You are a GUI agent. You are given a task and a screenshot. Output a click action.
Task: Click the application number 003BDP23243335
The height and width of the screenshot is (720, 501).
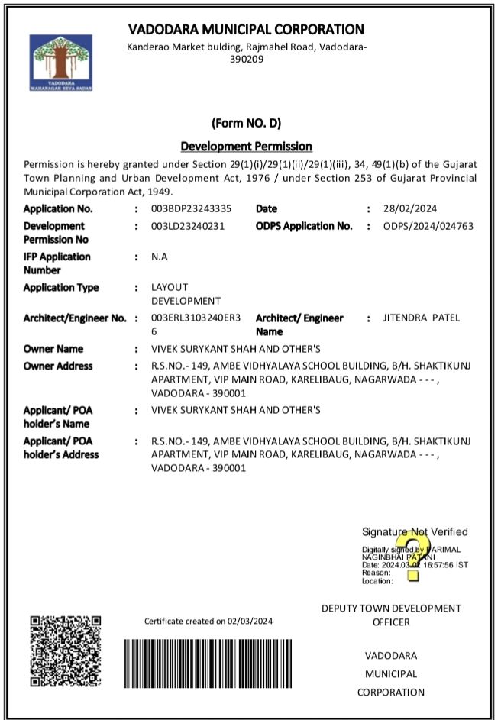(191, 208)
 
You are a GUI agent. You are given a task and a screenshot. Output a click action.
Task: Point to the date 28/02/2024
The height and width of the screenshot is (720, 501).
(409, 208)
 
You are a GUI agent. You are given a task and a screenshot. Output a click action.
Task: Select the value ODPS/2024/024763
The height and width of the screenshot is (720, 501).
(428, 226)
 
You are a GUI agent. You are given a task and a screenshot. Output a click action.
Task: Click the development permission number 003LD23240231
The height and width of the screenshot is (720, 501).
(188, 226)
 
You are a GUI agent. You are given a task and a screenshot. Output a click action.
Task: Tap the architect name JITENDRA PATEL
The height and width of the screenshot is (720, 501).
(422, 318)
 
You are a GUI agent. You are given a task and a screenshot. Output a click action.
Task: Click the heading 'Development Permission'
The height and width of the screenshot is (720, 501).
(246, 146)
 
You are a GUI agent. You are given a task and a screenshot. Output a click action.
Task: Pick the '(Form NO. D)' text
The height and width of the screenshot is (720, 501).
(246, 123)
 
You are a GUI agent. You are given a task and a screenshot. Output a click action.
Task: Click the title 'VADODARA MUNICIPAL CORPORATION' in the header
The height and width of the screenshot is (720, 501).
(246, 30)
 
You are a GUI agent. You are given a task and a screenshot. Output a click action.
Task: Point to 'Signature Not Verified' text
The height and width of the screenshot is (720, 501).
(415, 532)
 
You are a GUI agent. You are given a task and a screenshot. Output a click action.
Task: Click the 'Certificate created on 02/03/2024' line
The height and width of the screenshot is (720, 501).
(208, 622)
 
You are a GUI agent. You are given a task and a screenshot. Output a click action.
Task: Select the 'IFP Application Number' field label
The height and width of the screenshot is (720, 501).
(57, 263)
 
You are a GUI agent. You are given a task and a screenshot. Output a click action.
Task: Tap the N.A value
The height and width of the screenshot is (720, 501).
(159, 257)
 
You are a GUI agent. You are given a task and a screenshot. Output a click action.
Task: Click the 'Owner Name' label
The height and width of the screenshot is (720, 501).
(53, 349)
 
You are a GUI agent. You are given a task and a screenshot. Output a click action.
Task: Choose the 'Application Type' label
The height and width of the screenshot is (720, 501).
(61, 288)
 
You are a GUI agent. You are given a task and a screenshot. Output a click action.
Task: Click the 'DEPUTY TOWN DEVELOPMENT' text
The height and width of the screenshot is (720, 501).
(391, 609)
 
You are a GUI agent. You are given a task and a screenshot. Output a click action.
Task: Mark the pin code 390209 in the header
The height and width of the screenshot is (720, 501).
(246, 59)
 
